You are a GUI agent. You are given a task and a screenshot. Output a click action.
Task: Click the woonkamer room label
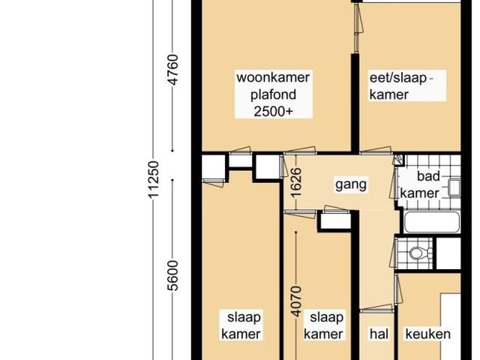[273, 77]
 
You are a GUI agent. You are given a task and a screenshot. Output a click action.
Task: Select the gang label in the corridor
[351, 185]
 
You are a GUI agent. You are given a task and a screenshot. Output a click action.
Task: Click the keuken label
[428, 334]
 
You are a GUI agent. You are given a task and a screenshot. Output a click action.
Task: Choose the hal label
[379, 334]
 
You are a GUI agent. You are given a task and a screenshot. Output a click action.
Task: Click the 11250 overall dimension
[154, 179]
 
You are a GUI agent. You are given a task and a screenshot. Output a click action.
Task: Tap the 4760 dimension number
[172, 70]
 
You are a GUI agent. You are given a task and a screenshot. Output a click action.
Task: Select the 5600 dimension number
[172, 275]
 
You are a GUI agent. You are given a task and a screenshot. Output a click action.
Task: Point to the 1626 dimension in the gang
[296, 183]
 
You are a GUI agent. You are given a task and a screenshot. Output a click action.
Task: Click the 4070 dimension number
[296, 301]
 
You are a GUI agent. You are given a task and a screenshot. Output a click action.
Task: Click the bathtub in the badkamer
[432, 222]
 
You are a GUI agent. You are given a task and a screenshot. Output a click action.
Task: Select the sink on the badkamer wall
[454, 187]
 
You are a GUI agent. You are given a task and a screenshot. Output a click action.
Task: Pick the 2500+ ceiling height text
[273, 111]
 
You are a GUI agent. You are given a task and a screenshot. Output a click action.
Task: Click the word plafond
[273, 94]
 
